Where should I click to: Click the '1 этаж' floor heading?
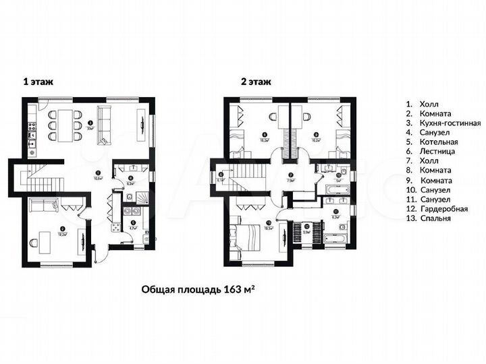tap(38, 82)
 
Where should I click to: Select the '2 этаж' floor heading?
tap(256, 82)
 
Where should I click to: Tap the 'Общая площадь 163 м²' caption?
tap(200, 289)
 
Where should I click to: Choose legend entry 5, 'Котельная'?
tap(439, 142)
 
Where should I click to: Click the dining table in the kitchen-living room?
tap(64, 125)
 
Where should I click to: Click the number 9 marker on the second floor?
tap(315, 134)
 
